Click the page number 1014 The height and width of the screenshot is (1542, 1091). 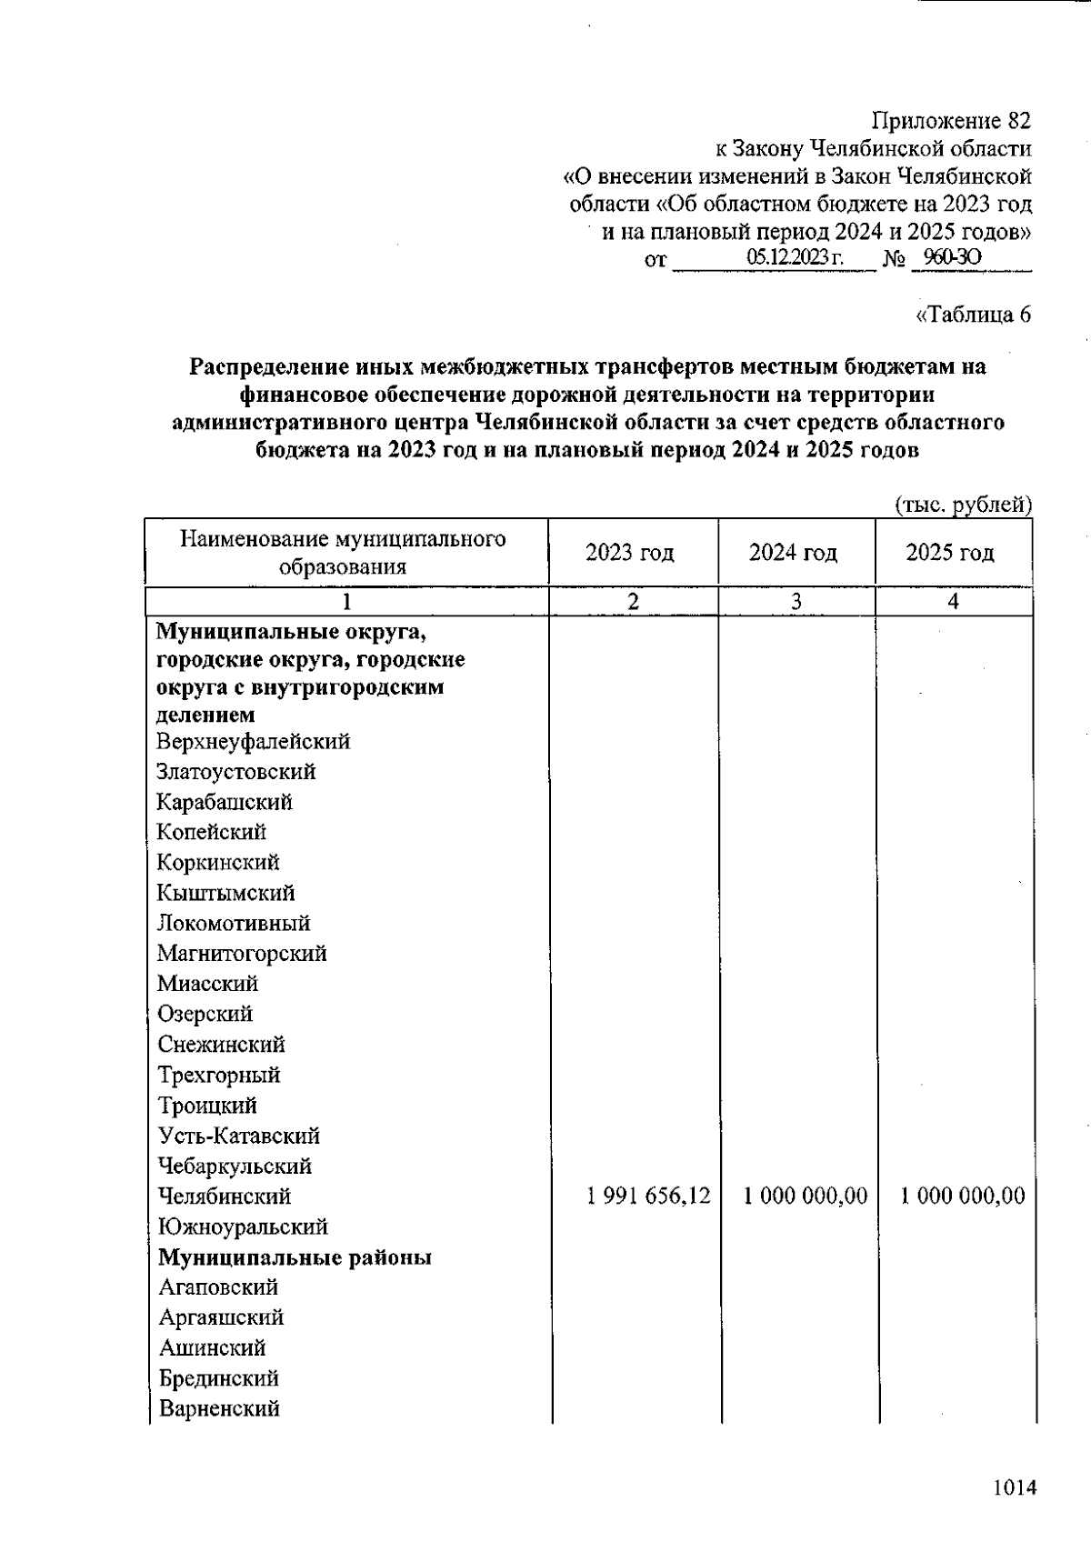pyautogui.click(x=1014, y=1488)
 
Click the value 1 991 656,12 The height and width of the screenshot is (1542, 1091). pyautogui.click(x=649, y=1196)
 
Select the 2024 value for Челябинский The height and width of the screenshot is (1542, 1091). pyautogui.click(x=805, y=1196)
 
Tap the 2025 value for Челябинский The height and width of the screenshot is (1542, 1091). pyautogui.click(x=962, y=1196)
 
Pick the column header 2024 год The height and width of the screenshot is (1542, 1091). pyautogui.click(x=793, y=553)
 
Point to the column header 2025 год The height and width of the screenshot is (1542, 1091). pyautogui.click(x=950, y=553)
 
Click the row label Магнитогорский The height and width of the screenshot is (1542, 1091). pyautogui.click(x=241, y=954)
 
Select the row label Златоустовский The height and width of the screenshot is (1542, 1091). pyautogui.click(x=235, y=772)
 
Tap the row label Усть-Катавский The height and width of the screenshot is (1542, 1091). pyautogui.click(x=238, y=1136)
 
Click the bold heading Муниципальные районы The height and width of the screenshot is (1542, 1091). pyautogui.click(x=295, y=1257)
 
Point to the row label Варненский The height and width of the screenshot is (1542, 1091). pyautogui.click(x=219, y=1409)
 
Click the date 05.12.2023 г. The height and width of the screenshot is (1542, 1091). pyautogui.click(x=795, y=258)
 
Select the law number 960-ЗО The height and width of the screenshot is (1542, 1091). pyautogui.click(x=951, y=258)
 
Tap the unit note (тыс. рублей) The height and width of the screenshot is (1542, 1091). pyautogui.click(x=963, y=505)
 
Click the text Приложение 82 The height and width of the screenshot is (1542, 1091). pyautogui.click(x=951, y=120)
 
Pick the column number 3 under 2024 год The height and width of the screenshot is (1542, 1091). pyautogui.click(x=796, y=601)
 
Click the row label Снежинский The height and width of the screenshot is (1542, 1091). pyautogui.click(x=221, y=1045)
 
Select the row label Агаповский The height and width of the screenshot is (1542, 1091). pyautogui.click(x=218, y=1287)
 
